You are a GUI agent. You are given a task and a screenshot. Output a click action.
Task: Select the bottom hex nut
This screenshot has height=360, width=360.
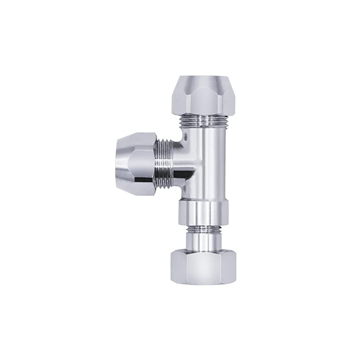(204, 265)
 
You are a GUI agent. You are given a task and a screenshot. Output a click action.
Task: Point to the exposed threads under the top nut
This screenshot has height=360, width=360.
(203, 121)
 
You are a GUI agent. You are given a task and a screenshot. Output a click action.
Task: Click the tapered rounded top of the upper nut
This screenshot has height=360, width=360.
(202, 81)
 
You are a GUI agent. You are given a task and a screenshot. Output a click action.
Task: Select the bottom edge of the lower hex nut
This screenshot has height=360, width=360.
(204, 282)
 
